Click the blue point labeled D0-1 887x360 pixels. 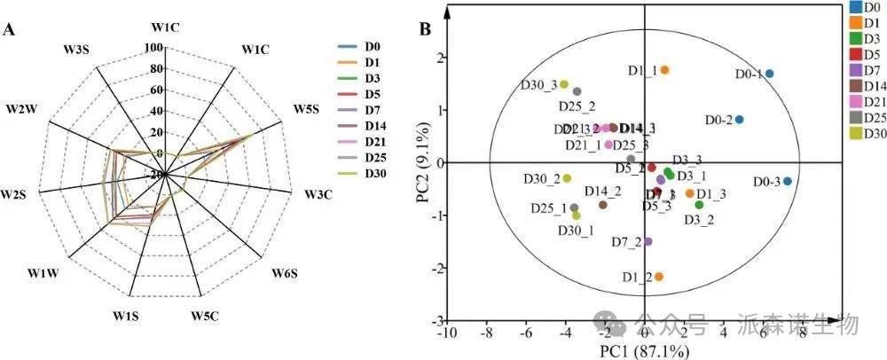pos(769,74)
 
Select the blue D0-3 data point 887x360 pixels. pos(788,181)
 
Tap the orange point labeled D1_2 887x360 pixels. pos(658,277)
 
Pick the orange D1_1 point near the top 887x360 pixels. pos(664,70)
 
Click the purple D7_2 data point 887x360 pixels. pos(648,241)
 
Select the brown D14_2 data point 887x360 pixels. pos(603,205)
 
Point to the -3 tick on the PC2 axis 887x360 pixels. pos(435,320)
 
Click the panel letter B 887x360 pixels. pos(426,29)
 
